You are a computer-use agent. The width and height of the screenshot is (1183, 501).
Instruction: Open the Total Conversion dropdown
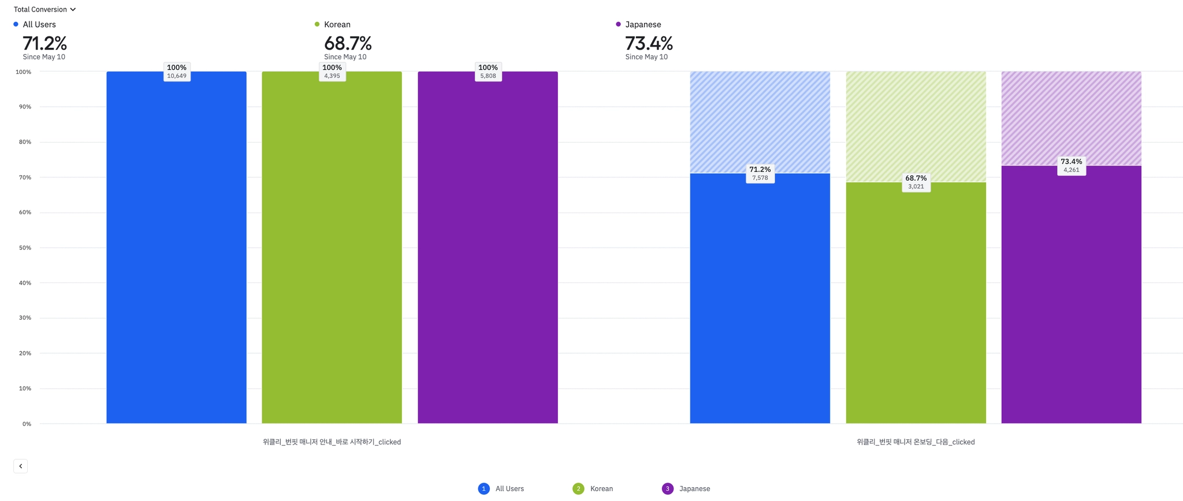44,9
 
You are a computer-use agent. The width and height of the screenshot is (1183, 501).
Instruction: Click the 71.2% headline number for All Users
44,43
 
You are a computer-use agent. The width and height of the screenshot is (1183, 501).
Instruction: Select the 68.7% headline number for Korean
347,43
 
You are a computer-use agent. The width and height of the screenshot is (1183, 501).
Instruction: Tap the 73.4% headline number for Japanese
649,43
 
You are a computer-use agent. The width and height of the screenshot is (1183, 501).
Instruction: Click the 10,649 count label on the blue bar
177,76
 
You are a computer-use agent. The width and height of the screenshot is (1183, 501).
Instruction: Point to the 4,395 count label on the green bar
332,76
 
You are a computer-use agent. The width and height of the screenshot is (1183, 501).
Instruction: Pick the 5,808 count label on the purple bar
488,76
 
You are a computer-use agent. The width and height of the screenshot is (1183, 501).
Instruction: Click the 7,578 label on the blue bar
760,178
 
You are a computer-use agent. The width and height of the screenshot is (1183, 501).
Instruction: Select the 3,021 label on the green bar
916,186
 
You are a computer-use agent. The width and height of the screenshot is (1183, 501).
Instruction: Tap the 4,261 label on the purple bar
1072,170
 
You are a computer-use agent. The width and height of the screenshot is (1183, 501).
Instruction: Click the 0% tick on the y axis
27,424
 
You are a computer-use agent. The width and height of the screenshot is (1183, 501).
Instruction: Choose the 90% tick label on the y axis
25,107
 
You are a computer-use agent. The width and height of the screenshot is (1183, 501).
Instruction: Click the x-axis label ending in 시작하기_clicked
332,442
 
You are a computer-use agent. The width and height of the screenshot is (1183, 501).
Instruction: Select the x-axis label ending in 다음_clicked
916,442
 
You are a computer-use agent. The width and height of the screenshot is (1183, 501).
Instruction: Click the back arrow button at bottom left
20,466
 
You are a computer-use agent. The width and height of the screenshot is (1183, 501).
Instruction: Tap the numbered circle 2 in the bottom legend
578,489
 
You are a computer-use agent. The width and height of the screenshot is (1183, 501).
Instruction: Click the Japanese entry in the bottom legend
694,489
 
